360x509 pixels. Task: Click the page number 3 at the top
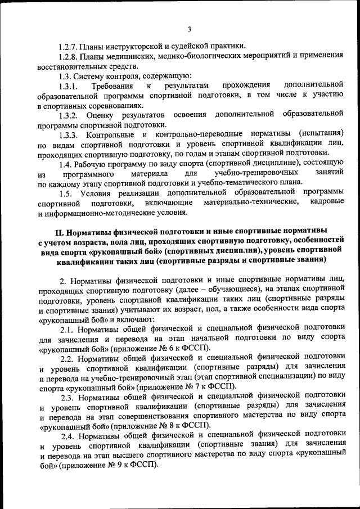[x=190, y=29]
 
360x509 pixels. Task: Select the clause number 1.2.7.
[x=69, y=46]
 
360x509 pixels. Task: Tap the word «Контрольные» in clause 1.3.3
[x=111, y=134]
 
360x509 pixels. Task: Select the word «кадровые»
[x=326, y=202]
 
